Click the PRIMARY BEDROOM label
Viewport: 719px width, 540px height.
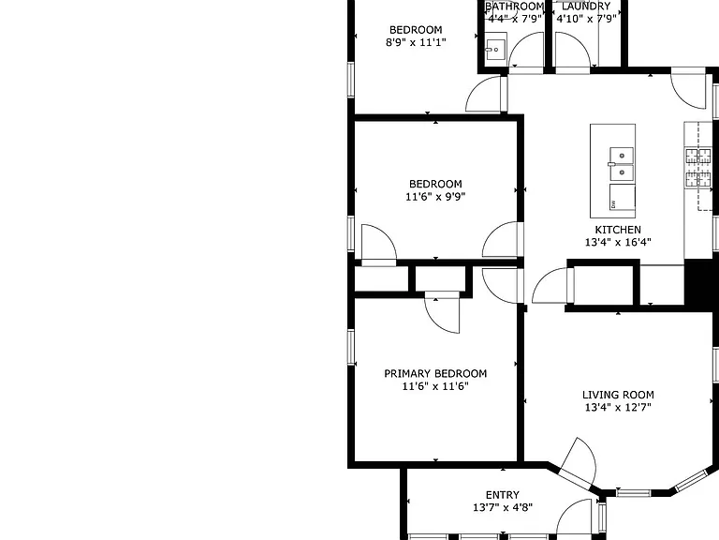click(x=435, y=373)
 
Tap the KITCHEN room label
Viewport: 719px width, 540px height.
click(x=618, y=230)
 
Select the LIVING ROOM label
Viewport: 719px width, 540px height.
click(x=618, y=395)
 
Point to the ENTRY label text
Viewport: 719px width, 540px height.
click(x=503, y=495)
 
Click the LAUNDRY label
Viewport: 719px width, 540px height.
click(x=585, y=7)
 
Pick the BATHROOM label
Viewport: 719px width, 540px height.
click(x=515, y=7)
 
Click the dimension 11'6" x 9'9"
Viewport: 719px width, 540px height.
click(x=435, y=197)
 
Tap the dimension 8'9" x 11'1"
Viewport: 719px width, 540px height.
click(x=416, y=42)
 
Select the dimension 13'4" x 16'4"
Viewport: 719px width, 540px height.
click(x=618, y=242)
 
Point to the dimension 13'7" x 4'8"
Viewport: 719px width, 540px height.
click(x=503, y=507)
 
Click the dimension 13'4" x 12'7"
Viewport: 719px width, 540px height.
click(x=618, y=407)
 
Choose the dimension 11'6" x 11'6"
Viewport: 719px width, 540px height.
click(x=435, y=386)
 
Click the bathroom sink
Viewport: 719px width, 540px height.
click(x=495, y=50)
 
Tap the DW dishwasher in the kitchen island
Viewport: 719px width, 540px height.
click(x=623, y=198)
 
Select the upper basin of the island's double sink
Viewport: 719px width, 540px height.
click(x=622, y=156)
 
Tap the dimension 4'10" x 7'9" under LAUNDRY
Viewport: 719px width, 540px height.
click(x=585, y=19)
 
